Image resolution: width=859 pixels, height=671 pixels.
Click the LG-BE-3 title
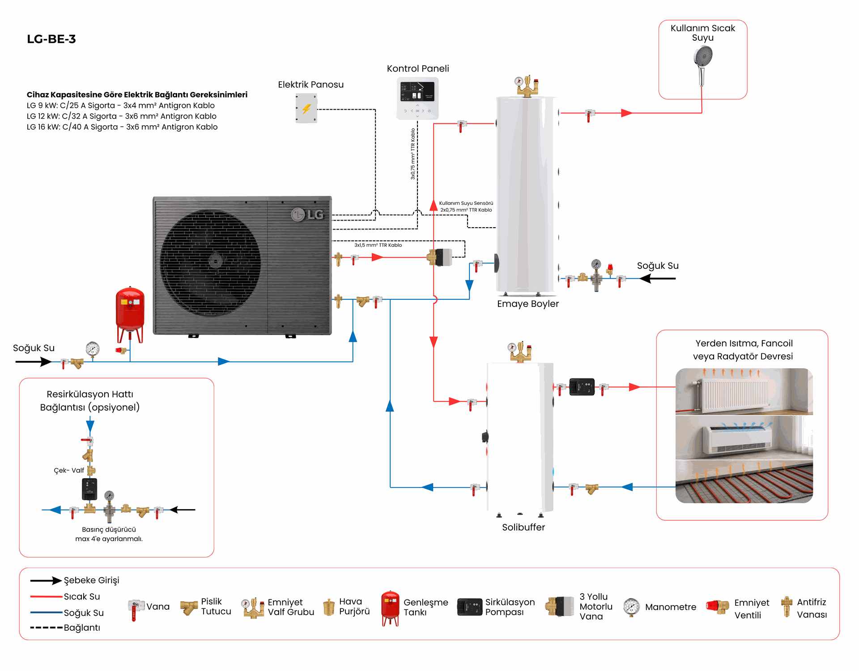(x=51, y=39)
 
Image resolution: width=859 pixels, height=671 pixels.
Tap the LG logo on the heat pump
(x=307, y=215)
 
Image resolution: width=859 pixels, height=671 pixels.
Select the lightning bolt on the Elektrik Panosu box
(x=306, y=109)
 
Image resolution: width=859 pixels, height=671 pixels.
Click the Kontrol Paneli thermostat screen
(x=417, y=92)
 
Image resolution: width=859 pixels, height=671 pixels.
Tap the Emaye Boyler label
(x=528, y=304)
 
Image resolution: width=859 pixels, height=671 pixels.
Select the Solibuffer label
(x=523, y=527)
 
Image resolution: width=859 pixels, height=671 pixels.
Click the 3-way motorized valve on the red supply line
(x=439, y=257)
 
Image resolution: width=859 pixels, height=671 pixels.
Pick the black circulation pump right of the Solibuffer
(x=582, y=387)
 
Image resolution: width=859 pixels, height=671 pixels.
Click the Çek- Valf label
(x=69, y=471)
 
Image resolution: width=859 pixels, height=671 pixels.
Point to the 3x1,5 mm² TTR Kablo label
(x=378, y=245)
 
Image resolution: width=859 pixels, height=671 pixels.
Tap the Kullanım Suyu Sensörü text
(x=466, y=203)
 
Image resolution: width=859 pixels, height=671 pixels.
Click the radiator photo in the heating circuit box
(x=744, y=391)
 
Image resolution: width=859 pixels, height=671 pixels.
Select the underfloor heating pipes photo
(x=744, y=482)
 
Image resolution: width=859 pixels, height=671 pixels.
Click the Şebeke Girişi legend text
(x=92, y=580)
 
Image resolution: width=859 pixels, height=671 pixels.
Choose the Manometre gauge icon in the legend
(x=631, y=607)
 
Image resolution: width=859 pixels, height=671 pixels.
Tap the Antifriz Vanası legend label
(x=812, y=608)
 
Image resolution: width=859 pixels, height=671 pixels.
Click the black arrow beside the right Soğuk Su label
(x=658, y=279)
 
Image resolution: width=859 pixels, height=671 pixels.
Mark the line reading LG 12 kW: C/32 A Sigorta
(x=122, y=116)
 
